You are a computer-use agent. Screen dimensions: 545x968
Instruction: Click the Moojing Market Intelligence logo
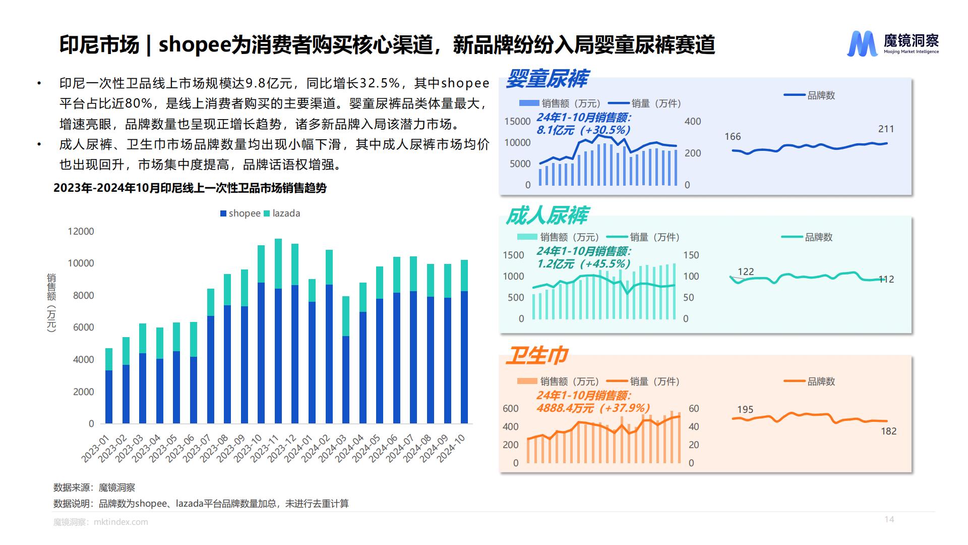(892, 43)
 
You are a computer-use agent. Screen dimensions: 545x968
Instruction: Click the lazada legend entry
(282, 213)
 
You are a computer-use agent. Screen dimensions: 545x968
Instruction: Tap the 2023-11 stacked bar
(278, 331)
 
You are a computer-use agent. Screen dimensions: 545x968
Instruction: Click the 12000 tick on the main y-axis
(81, 231)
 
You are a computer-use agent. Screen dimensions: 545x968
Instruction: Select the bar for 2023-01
(109, 386)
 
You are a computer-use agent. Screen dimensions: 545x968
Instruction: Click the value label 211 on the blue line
(886, 129)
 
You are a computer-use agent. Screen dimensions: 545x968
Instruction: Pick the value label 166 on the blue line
(733, 137)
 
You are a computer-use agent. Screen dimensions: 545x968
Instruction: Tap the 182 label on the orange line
(888, 431)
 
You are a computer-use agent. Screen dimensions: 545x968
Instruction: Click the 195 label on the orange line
(745, 409)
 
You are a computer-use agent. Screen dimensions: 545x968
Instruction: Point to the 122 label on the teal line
(746, 271)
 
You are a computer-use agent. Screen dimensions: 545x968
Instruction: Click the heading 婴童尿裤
(547, 79)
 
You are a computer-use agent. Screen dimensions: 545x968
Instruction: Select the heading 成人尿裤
(547, 216)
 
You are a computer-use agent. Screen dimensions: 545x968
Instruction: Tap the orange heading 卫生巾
(537, 355)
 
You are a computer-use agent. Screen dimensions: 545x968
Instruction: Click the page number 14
(889, 519)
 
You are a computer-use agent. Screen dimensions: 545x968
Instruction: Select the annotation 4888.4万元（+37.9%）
(593, 408)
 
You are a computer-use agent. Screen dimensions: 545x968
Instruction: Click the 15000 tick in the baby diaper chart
(517, 121)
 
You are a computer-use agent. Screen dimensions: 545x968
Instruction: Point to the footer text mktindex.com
(121, 522)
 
